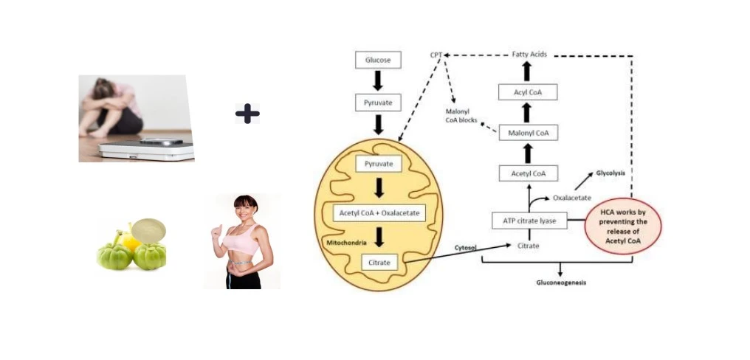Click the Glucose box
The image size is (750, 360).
[378, 59]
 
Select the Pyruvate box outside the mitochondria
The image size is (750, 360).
[378, 102]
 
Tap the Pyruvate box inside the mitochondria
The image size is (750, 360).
[378, 163]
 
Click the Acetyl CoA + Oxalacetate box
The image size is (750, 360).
[378, 212]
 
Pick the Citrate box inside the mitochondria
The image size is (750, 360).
[379, 261]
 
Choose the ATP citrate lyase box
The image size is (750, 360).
[529, 220]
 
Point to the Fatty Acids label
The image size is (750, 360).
[529, 55]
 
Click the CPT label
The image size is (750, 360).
[436, 55]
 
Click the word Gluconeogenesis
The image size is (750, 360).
[561, 283]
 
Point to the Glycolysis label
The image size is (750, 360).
[613, 172]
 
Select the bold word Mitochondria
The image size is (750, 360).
[345, 241]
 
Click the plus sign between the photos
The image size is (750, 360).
[247, 113]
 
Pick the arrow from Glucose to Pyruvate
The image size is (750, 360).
[378, 80]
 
